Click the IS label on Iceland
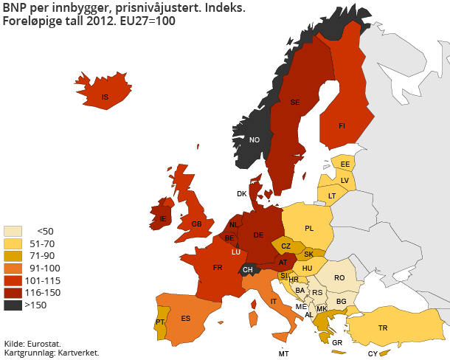click(x=105, y=97)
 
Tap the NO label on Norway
click(x=255, y=140)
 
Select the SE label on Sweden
click(x=294, y=103)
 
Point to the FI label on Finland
click(x=342, y=126)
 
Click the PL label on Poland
click(x=309, y=228)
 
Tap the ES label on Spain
click(x=186, y=319)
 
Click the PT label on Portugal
click(x=160, y=322)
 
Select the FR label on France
click(x=218, y=268)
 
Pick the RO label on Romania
click(x=339, y=278)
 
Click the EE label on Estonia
click(x=345, y=164)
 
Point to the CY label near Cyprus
click(x=373, y=353)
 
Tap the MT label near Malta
click(x=283, y=353)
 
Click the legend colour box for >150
click(x=13, y=305)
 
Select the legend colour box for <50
click(x=13, y=230)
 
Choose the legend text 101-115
click(x=42, y=280)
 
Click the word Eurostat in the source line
click(x=43, y=344)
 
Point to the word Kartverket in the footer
click(x=77, y=353)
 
